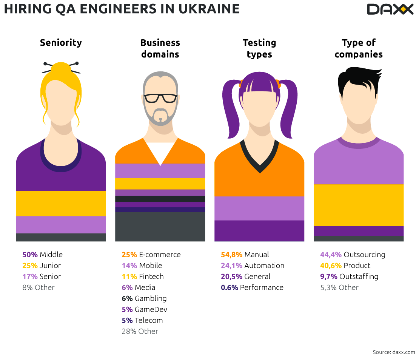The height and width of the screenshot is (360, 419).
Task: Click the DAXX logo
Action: (390, 9)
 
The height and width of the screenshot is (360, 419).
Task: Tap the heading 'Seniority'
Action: (61, 43)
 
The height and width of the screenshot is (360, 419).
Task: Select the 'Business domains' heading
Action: (160, 48)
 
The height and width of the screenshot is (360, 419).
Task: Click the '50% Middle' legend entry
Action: (42, 255)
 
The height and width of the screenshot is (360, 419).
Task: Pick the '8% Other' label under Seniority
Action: (38, 287)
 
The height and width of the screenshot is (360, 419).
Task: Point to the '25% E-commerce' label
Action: (151, 255)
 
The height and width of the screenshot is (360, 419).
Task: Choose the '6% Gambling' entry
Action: (144, 298)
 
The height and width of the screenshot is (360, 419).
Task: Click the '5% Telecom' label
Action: (142, 320)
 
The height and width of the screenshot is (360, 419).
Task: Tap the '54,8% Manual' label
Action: (245, 255)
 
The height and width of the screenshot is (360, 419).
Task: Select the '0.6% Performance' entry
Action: (252, 287)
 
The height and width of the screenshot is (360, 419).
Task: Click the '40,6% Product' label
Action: (345, 266)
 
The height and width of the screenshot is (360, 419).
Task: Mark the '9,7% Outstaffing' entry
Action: (349, 277)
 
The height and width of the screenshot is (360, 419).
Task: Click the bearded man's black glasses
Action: (160, 98)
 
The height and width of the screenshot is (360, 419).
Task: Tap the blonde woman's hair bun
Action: (61, 69)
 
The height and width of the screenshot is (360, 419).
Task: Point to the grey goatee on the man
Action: (160, 115)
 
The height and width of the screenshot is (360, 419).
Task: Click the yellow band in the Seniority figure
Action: (61, 203)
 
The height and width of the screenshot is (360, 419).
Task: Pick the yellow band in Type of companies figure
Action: (359, 205)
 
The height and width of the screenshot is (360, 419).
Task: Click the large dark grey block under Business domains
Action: (160, 227)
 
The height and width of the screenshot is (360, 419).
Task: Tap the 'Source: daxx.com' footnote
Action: (394, 352)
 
